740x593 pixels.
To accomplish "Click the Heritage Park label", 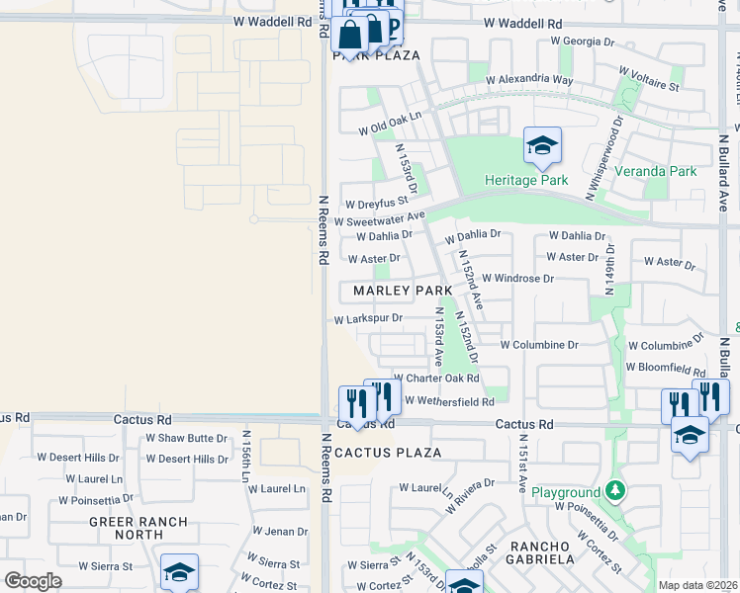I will pyautogui.click(x=525, y=181).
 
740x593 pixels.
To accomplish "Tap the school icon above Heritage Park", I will pyautogui.click(x=541, y=148).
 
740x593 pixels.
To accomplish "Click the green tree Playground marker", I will pyautogui.click(x=614, y=491).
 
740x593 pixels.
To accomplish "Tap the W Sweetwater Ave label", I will pyautogui.click(x=379, y=218).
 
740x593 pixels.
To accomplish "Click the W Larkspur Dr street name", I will pyautogui.click(x=367, y=319).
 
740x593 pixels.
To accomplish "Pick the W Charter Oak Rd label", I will pyautogui.click(x=436, y=378).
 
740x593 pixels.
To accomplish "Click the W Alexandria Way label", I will pyautogui.click(x=534, y=79).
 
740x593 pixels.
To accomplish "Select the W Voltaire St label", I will pyautogui.click(x=648, y=79).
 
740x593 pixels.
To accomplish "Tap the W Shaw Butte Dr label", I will pyautogui.click(x=187, y=438).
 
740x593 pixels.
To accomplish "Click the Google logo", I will pyautogui.click(x=34, y=580).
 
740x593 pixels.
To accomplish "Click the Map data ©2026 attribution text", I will pyautogui.click(x=697, y=585).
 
